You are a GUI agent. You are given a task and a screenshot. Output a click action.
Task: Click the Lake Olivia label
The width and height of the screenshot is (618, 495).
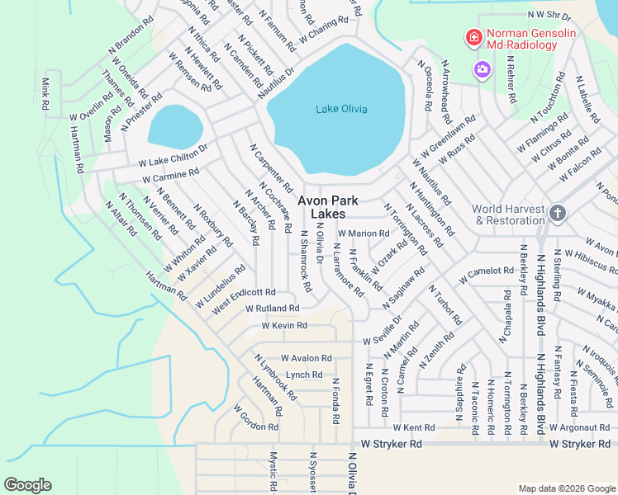pyautogui.click(x=341, y=109)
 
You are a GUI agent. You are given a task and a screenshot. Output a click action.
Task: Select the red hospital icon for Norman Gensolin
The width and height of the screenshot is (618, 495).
pyautogui.click(x=473, y=36)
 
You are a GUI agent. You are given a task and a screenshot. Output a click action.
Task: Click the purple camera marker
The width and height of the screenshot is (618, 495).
pyautogui.click(x=481, y=70)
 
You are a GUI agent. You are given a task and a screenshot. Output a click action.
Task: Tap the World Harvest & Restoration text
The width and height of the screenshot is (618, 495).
pyautogui.click(x=509, y=214)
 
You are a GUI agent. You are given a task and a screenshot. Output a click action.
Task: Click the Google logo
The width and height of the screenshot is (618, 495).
pyautogui.click(x=27, y=484)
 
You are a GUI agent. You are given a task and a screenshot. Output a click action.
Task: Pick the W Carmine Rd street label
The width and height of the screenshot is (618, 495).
pyautogui.click(x=170, y=176)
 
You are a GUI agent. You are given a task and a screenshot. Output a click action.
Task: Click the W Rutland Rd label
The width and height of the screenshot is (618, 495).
pyautogui.click(x=272, y=308)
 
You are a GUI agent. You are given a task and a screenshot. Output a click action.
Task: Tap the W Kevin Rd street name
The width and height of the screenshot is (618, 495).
pyautogui.click(x=283, y=326)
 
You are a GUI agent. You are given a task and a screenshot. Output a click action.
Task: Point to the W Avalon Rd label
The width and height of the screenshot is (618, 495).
pyautogui.click(x=306, y=358)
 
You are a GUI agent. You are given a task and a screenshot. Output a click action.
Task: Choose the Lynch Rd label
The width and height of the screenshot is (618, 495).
pyautogui.click(x=303, y=375)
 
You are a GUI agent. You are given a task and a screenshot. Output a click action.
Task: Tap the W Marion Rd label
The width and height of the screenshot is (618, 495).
pyautogui.click(x=363, y=233)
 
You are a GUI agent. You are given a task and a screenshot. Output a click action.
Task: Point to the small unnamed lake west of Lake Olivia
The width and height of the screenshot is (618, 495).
pyautogui.click(x=174, y=126)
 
